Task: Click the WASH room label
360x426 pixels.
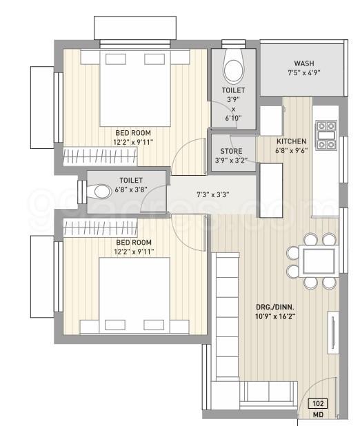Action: [x=303, y=63]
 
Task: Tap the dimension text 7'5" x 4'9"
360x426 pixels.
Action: [x=303, y=72]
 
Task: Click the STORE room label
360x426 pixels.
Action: [x=230, y=152]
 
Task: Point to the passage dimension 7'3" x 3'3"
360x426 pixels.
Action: [x=211, y=194]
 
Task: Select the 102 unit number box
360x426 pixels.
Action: [x=319, y=405]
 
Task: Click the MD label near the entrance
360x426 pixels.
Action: [x=319, y=416]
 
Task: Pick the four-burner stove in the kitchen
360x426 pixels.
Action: [x=326, y=135]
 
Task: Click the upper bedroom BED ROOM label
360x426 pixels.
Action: [x=133, y=132]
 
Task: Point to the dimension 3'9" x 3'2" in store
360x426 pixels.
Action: [x=230, y=161]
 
